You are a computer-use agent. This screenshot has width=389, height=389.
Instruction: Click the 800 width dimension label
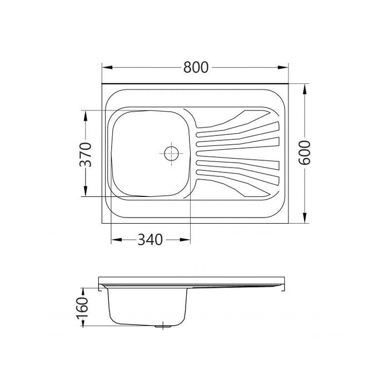pyautogui.click(x=196, y=67)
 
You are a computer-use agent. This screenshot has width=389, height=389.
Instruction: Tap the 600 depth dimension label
pyautogui.click(x=305, y=153)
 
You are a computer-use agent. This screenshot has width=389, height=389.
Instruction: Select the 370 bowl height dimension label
pyautogui.click(x=86, y=154)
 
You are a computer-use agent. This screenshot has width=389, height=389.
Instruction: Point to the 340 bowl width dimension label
pyautogui.click(x=150, y=240)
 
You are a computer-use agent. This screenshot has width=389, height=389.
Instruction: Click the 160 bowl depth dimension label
pyautogui.click(x=82, y=307)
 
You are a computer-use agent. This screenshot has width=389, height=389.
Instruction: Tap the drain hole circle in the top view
pyautogui.click(x=171, y=153)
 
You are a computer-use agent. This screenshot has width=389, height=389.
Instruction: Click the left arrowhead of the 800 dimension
pyautogui.click(x=107, y=67)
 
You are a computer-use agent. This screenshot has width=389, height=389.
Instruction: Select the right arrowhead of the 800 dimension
pyautogui.click(x=283, y=67)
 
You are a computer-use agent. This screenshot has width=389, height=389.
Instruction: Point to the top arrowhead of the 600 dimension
pyautogui.click(x=305, y=89)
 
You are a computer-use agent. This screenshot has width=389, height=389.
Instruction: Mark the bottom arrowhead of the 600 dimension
pyautogui.click(x=305, y=218)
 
